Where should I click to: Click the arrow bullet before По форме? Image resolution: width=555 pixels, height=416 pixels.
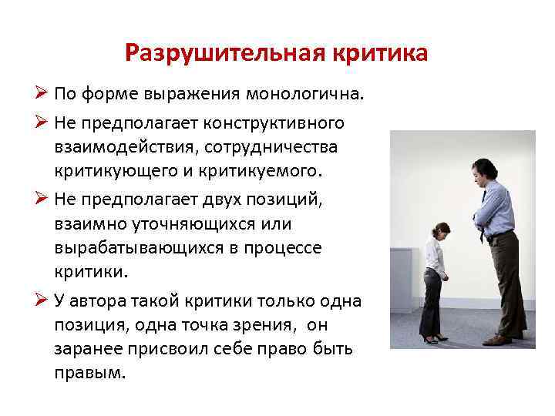coord(43,96)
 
